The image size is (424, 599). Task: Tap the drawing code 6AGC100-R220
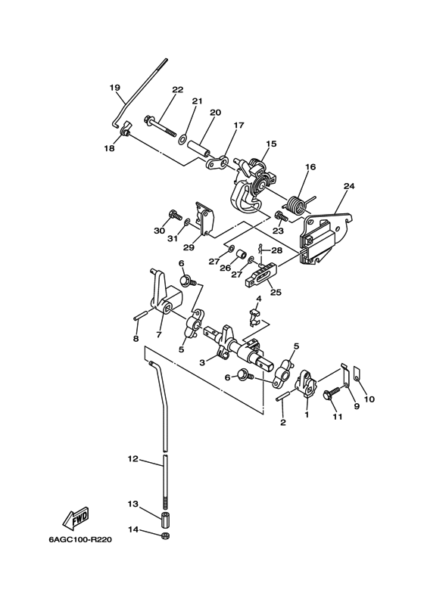pos(80,540)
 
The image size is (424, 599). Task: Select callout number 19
pos(114,88)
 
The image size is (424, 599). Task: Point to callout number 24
pos(349,186)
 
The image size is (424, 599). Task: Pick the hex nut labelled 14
pos(165,535)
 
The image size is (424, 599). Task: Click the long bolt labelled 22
pos(160,126)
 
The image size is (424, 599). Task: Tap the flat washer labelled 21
pos(182,139)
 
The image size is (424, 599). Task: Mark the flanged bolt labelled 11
pos(332,393)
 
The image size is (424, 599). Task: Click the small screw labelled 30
pos(175,216)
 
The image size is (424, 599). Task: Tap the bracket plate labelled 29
pos(204,218)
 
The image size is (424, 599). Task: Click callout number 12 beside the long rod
pos(132,459)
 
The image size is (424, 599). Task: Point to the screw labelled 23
pos(282,216)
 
